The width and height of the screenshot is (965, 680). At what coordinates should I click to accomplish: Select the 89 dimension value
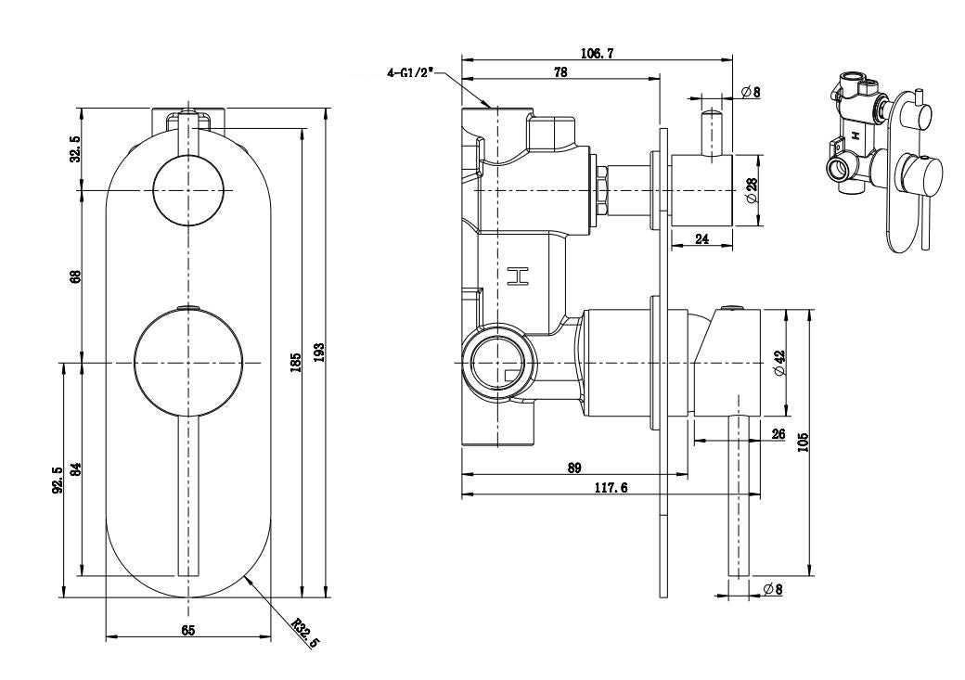pyautogui.click(x=574, y=469)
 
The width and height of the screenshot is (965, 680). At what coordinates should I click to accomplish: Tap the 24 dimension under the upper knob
pyautogui.click(x=701, y=238)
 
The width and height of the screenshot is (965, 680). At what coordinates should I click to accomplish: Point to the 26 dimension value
pyautogui.click(x=778, y=434)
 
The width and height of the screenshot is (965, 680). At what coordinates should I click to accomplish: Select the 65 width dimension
pyautogui.click(x=188, y=630)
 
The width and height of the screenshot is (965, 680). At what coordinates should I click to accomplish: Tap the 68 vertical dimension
pyautogui.click(x=76, y=276)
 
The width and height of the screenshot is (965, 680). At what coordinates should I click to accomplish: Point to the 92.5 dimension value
pyautogui.click(x=58, y=481)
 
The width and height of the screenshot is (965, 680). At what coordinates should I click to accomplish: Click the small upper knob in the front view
pyautogui.click(x=189, y=190)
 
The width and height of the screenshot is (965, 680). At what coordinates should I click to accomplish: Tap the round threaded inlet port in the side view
pyautogui.click(x=499, y=361)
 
